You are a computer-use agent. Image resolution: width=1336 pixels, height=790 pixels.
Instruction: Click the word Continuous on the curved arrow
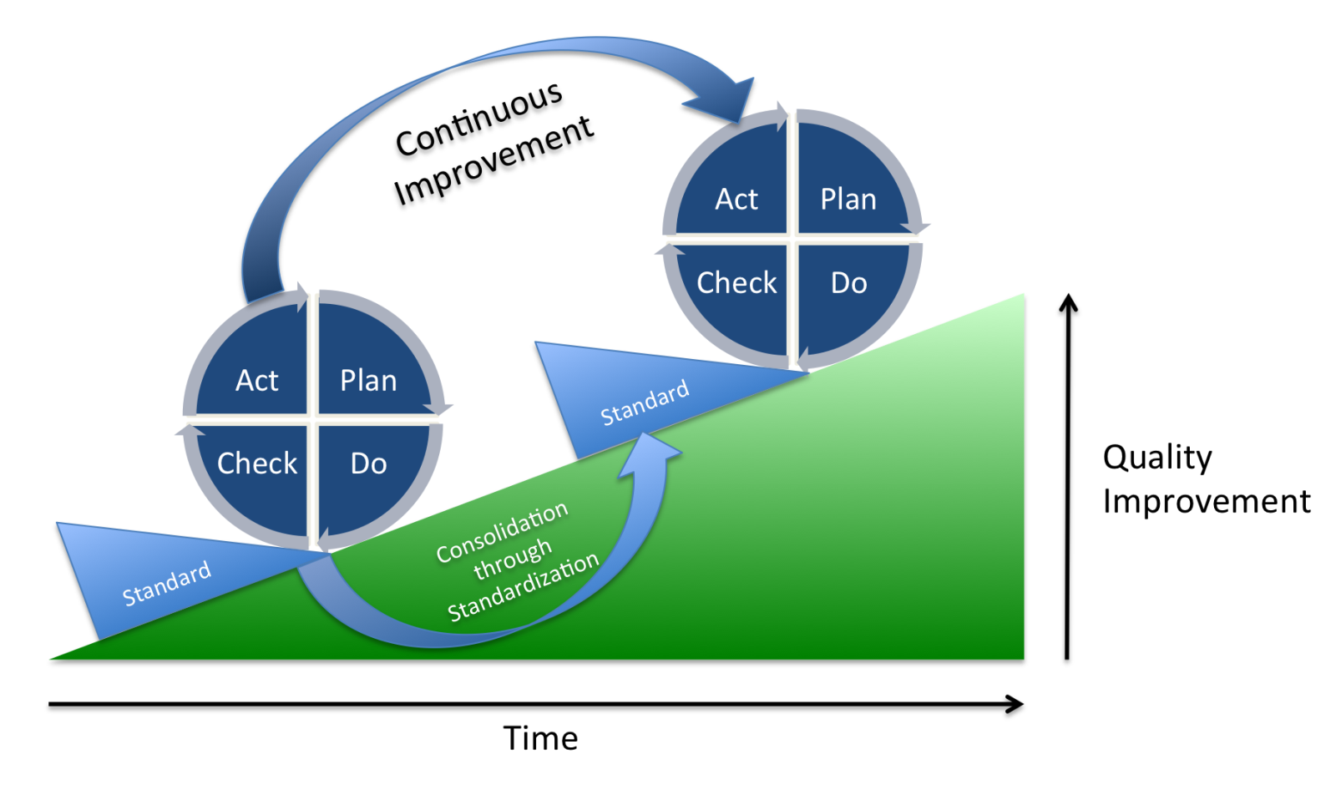[478, 119]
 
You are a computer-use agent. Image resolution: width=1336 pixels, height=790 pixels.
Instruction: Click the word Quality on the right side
[1157, 458]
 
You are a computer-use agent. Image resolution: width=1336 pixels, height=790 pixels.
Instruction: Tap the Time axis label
[540, 738]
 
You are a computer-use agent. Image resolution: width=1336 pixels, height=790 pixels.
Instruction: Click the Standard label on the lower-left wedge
[166, 584]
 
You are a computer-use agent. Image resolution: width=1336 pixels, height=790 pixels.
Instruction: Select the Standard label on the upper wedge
[645, 403]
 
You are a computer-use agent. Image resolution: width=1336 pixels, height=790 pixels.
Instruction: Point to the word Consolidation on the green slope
[502, 532]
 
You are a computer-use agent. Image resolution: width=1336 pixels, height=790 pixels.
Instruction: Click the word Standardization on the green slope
[524, 587]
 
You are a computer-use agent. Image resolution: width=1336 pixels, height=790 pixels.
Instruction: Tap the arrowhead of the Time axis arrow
[1015, 704]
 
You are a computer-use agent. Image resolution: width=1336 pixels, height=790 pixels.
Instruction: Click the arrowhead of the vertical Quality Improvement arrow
[1068, 303]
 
